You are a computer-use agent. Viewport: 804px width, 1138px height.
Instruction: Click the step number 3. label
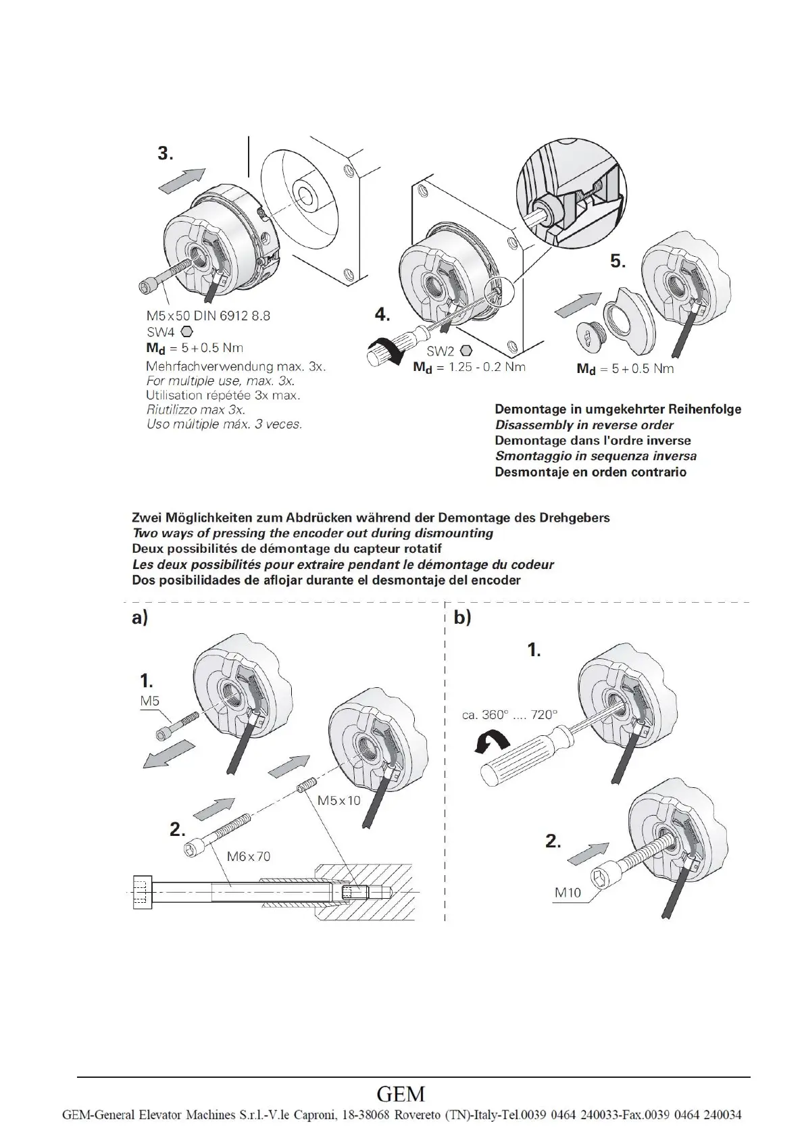(166, 153)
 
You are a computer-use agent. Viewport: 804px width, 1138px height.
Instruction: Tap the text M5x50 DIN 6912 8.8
(208, 316)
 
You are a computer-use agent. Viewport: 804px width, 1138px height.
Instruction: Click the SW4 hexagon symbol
(187, 332)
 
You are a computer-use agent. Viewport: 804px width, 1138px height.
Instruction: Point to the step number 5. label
(618, 261)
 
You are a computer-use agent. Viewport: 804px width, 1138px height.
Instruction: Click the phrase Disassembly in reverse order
(584, 425)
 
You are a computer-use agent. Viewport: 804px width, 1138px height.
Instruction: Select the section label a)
(140, 618)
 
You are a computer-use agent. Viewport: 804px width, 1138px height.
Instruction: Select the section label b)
(463, 618)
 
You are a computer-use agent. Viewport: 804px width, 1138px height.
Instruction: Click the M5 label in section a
(150, 701)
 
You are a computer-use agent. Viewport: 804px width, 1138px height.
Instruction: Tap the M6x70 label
(248, 856)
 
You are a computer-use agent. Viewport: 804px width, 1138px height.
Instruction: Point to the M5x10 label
(339, 800)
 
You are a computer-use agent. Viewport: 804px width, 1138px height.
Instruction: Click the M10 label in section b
(568, 892)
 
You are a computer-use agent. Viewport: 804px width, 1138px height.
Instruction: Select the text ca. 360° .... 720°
(510, 714)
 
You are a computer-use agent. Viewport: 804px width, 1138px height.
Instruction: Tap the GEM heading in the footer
(401, 1093)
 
